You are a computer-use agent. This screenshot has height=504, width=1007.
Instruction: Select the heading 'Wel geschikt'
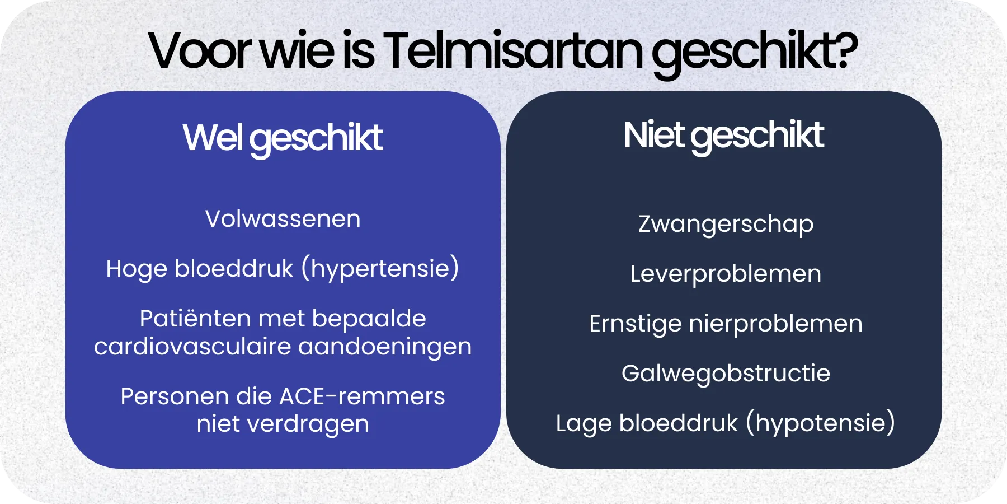(x=283, y=138)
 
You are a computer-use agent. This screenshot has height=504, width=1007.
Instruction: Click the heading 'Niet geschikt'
(x=723, y=136)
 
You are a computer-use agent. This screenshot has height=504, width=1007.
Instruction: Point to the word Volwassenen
(x=283, y=219)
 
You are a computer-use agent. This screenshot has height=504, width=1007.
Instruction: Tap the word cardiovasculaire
(x=192, y=347)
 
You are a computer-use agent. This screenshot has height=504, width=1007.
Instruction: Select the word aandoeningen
(x=385, y=347)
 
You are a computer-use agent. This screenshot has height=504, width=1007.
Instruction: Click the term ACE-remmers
(x=362, y=396)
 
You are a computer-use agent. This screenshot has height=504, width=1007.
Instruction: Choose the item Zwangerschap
(x=726, y=224)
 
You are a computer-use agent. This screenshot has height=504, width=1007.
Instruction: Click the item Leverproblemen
(x=726, y=274)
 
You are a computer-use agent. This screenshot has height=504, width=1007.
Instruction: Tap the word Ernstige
(x=635, y=324)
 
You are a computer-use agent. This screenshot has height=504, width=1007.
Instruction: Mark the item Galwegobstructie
(x=726, y=374)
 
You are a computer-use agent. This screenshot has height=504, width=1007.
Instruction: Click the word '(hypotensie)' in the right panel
(x=821, y=423)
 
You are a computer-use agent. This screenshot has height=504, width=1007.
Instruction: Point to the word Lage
(x=584, y=424)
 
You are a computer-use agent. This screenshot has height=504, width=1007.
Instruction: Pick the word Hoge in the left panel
(x=137, y=269)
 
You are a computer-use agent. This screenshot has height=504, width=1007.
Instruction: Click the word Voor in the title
(x=200, y=52)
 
